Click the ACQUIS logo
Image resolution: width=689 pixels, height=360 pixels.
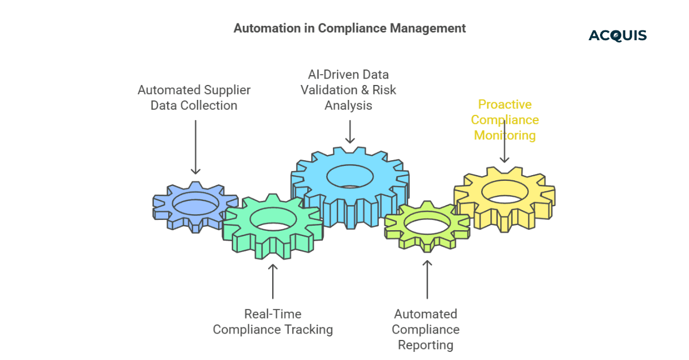617,36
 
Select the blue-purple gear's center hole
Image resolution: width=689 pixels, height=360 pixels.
195,202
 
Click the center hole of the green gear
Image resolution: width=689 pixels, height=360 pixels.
273,219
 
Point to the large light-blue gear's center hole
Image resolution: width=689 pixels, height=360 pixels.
350,175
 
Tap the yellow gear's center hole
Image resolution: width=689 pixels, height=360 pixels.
505,191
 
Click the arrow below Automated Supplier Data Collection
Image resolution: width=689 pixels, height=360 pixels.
195,147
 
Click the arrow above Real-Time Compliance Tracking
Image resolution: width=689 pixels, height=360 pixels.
273,281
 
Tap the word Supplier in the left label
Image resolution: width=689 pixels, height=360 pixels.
227,90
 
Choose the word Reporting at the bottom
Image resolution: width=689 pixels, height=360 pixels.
425,345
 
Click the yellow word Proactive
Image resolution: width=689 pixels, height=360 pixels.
505,104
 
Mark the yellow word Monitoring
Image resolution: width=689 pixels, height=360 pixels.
504,136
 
